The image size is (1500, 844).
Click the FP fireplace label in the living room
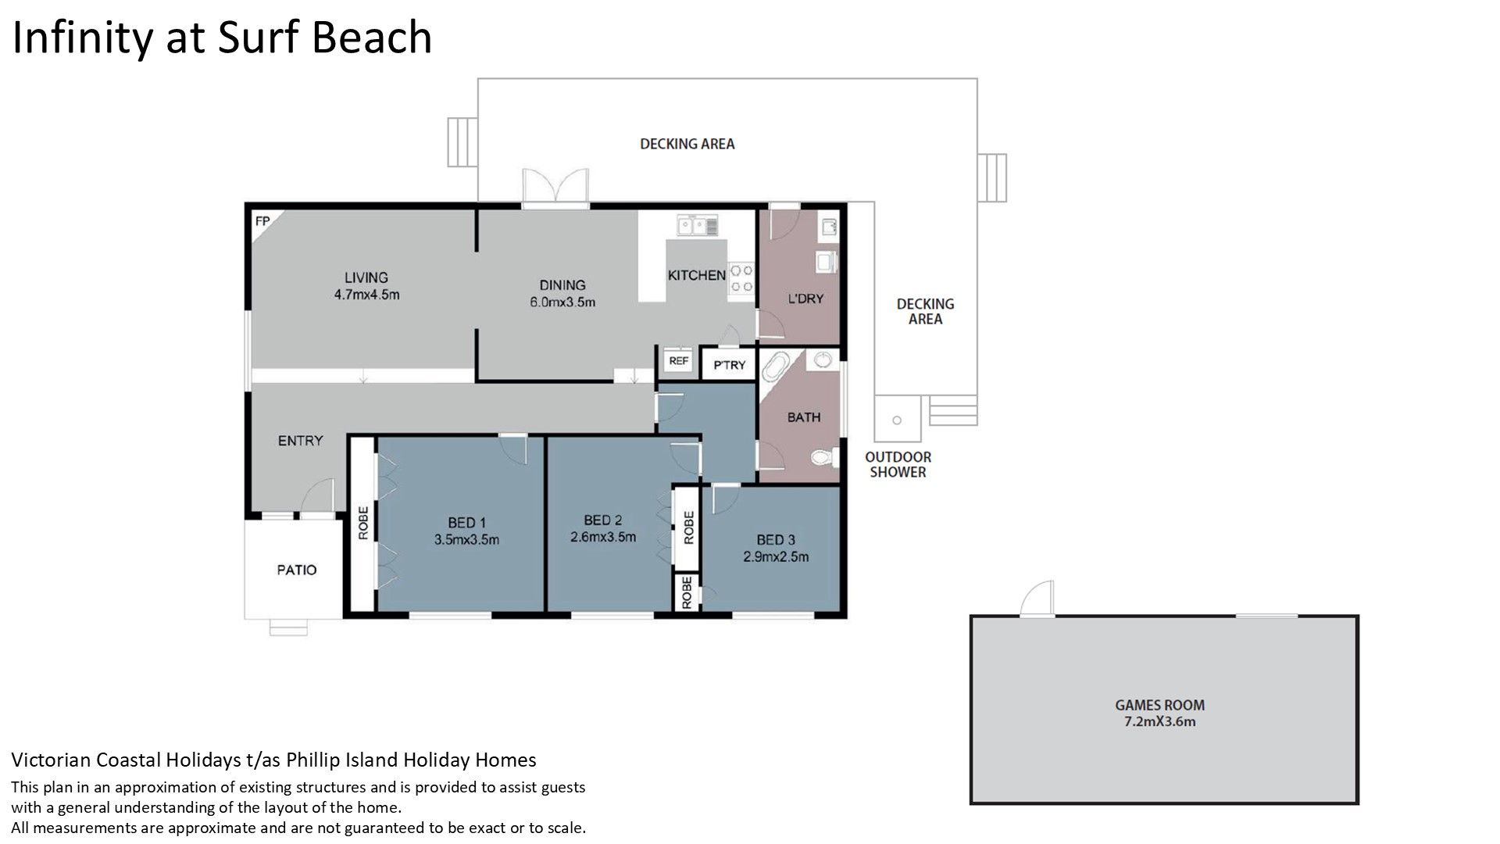coord(262,221)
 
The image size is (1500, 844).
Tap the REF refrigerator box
coord(678,361)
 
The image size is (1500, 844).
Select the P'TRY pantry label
coord(730,365)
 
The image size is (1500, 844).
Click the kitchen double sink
coord(698,226)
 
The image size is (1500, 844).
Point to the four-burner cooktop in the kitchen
coord(741,279)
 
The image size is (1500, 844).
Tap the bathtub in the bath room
coord(776,367)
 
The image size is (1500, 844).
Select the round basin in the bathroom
coord(823,360)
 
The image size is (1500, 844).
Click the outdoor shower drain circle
coord(897,420)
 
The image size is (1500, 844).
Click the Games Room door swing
coord(1037,599)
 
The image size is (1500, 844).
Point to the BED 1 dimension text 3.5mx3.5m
coord(466,539)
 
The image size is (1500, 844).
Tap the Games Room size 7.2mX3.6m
coord(1159,721)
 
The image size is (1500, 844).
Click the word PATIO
coord(297,570)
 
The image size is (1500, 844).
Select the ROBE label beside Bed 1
coord(362,523)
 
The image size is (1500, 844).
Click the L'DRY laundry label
coord(805,298)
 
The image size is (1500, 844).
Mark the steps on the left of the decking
coord(462,141)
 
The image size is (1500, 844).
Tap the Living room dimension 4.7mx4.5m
coord(366,295)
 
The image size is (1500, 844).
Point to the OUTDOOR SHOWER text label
coord(898,464)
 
